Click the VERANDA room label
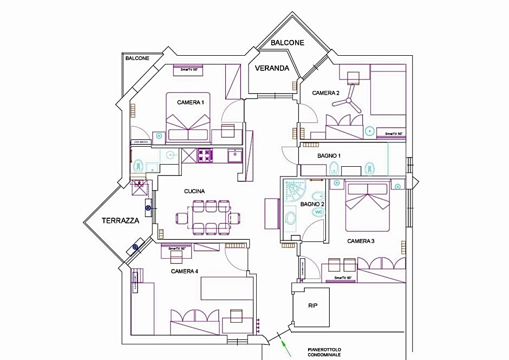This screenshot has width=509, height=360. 271,68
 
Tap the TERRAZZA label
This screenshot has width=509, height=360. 120,220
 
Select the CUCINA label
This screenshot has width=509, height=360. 194,191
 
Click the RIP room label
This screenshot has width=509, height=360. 312,305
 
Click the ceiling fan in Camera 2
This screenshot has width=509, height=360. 351,98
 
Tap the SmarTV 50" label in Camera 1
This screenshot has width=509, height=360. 188,69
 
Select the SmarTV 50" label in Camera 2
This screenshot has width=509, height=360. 394,133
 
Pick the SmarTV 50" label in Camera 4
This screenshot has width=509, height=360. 177,248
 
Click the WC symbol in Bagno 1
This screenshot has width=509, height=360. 370,168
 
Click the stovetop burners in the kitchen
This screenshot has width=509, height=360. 205,156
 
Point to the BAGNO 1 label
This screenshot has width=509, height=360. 329,156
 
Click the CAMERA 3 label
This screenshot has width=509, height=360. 361,241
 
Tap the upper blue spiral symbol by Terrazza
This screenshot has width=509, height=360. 148,206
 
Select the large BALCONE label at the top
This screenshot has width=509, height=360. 287,42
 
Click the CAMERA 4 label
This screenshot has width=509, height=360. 185,271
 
